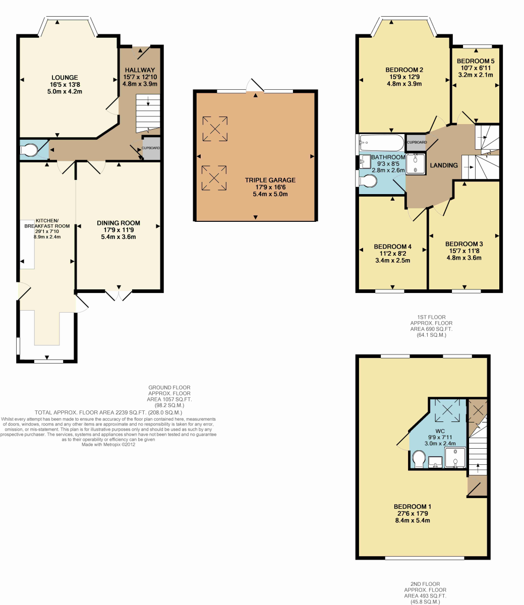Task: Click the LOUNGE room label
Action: (x=65, y=78)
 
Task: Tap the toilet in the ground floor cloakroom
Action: (x=29, y=150)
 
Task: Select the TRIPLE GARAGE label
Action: (x=270, y=180)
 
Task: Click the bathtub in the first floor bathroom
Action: (x=382, y=143)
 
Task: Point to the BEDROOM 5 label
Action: (x=476, y=61)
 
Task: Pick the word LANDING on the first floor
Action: (x=444, y=165)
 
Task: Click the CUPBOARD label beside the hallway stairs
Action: (x=151, y=148)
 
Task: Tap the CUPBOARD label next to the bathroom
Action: (x=417, y=142)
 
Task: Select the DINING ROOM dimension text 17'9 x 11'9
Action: (x=119, y=230)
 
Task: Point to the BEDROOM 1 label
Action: (x=412, y=506)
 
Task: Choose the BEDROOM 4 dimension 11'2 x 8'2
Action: (x=392, y=254)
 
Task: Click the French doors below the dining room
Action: (x=119, y=295)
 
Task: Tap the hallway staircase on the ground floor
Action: (x=148, y=113)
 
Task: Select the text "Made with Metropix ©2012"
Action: (x=108, y=444)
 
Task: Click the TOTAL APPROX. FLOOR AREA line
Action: (x=108, y=412)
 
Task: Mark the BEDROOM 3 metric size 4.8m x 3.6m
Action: (x=464, y=258)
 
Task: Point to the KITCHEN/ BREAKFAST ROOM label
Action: (x=47, y=223)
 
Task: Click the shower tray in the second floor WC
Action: (x=455, y=457)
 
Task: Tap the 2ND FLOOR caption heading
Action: (x=425, y=584)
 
